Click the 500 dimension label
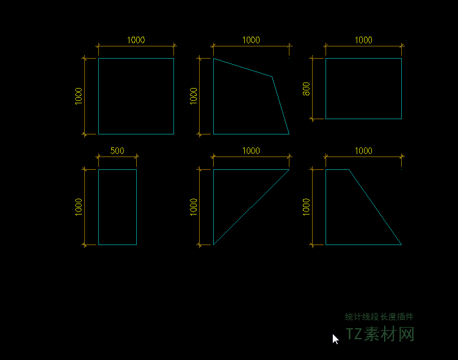click(117, 151)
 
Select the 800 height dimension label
click(306, 89)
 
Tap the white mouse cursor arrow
click(336, 339)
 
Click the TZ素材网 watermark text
click(380, 334)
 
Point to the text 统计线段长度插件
click(379, 317)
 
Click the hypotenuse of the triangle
click(251, 207)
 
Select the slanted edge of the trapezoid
click(376, 207)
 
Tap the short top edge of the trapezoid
click(337, 170)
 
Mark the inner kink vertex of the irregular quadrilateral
click(272, 76)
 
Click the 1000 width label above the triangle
click(251, 151)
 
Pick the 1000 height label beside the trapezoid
click(306, 207)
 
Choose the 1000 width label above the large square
click(136, 40)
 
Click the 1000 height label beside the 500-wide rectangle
click(79, 207)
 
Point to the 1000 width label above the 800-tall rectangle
click(363, 40)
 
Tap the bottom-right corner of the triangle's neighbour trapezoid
click(401, 244)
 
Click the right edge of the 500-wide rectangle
click(136, 207)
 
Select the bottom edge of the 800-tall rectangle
click(364, 119)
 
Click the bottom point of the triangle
click(214, 244)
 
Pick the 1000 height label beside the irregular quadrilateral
click(194, 96)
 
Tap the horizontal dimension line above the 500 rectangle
click(117, 157)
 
